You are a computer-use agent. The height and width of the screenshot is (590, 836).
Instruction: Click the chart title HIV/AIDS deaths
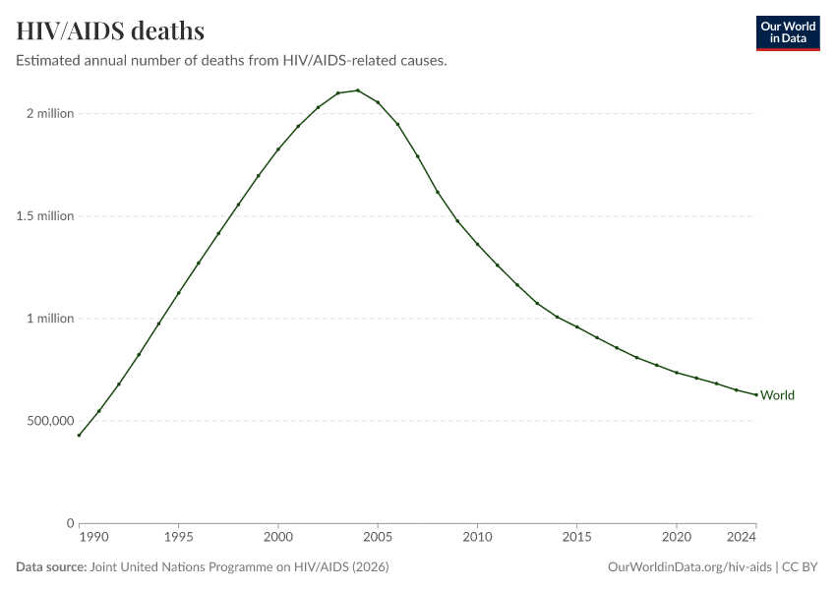[x=110, y=30]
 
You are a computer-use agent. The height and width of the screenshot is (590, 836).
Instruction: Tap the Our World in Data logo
[x=787, y=32]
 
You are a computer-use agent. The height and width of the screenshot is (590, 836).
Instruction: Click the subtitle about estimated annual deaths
[x=232, y=61]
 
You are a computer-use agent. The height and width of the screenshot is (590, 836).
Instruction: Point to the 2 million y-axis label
[x=50, y=114]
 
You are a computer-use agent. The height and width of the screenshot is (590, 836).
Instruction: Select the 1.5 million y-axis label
[x=46, y=216]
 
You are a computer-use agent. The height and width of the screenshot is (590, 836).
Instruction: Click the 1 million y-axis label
[x=50, y=319]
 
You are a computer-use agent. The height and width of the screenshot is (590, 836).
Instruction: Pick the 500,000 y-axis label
[x=48, y=421]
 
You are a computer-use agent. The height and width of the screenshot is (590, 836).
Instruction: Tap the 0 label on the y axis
[x=70, y=523]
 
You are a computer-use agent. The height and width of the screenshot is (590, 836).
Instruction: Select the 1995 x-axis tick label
[x=178, y=538]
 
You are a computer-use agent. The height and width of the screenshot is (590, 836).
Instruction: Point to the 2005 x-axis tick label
[x=378, y=538]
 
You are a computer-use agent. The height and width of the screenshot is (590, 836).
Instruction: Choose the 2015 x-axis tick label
[x=576, y=538]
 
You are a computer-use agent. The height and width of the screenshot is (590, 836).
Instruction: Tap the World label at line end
[x=777, y=395]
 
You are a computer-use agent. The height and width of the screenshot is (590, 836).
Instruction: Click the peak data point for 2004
[x=358, y=90]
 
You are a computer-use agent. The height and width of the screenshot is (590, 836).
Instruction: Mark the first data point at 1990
[x=79, y=435]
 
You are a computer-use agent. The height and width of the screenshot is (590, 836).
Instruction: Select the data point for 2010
[x=477, y=244]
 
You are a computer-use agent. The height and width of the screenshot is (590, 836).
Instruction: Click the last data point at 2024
[x=755, y=394]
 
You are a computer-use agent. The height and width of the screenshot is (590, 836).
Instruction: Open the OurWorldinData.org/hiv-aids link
[x=689, y=567]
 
